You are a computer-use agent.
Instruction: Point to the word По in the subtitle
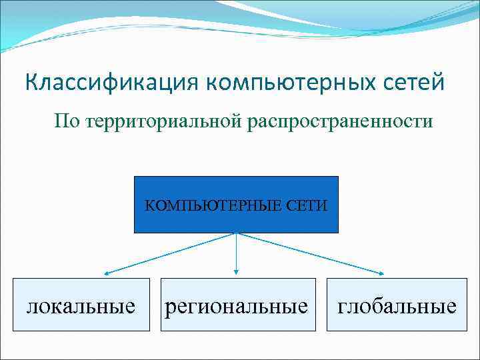pos(67,121)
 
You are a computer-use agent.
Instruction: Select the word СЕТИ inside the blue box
pos(307,205)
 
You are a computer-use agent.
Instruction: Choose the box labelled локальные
pos(81,306)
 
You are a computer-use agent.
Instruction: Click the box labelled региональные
pos(236,306)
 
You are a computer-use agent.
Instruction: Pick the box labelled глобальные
pos(397,306)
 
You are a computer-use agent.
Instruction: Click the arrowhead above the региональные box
pos(236,271)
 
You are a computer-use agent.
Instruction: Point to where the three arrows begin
pos(236,233)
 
